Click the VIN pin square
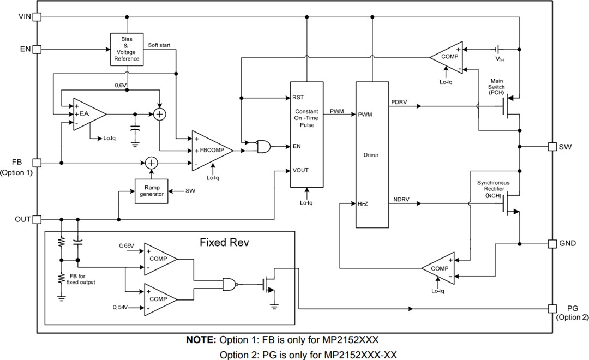pos(37,17)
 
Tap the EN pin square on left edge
pos(37,50)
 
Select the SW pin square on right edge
pos(552,147)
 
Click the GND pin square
pos(552,243)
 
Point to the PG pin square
pos(552,308)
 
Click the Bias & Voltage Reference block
pos(127,50)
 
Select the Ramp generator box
pos(152,191)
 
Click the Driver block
pos(372,155)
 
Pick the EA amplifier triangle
pos(87,114)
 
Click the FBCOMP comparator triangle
pos(209,149)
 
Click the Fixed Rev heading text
pos(224,242)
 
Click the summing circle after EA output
pos(159,114)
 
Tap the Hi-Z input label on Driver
pos(363,203)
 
